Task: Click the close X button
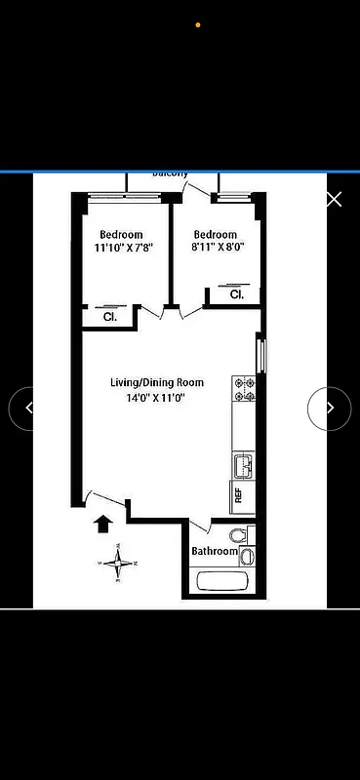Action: click(334, 200)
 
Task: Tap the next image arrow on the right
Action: click(330, 409)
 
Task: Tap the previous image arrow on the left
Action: click(28, 409)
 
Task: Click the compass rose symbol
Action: click(118, 562)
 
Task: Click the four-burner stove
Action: click(244, 389)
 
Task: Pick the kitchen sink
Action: click(243, 464)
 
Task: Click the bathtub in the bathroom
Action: click(222, 582)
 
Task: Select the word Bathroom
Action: click(214, 552)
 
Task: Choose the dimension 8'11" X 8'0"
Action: click(215, 248)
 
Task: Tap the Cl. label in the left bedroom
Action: click(110, 317)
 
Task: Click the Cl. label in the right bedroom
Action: click(236, 294)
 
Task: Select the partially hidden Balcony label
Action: click(170, 174)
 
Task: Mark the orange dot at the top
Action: click(198, 24)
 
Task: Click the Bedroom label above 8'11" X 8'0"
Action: click(215, 235)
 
